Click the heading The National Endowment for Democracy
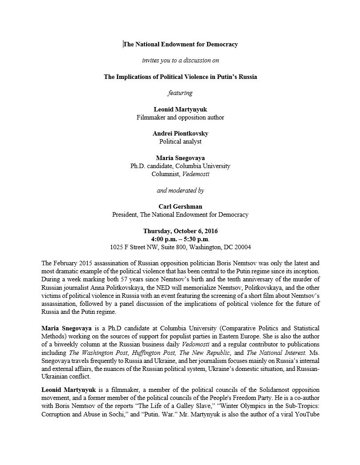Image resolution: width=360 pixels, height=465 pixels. click(x=180, y=44)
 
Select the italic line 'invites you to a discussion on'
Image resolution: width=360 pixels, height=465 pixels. click(x=180, y=60)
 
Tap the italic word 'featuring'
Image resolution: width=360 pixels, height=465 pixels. click(x=180, y=93)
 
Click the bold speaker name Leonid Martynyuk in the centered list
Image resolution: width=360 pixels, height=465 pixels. click(x=180, y=109)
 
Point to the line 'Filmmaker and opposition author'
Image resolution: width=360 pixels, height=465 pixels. click(x=180, y=117)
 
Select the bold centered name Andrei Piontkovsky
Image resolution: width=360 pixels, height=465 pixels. click(x=180, y=133)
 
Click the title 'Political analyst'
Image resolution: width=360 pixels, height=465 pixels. click(x=180, y=141)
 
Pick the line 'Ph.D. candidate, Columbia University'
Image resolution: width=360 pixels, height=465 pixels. click(x=180, y=166)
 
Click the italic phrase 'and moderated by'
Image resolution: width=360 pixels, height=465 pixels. click(x=180, y=190)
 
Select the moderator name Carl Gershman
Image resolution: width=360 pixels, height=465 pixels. click(x=180, y=206)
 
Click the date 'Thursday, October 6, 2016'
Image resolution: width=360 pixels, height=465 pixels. click(x=180, y=231)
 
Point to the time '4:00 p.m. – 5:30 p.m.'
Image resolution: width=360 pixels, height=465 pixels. click(x=180, y=239)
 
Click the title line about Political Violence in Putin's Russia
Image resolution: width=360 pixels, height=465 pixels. click(x=180, y=77)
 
